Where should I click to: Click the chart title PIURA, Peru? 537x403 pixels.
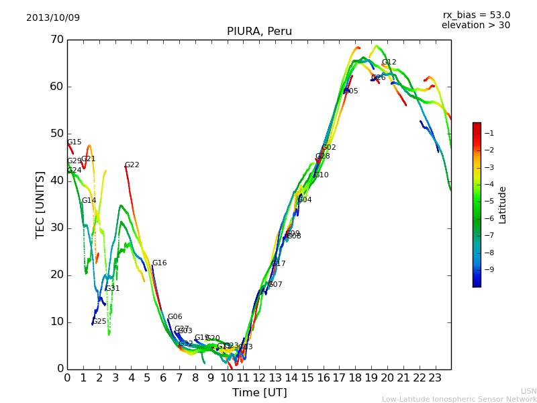[x=259, y=32]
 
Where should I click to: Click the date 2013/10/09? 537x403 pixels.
[x=53, y=17]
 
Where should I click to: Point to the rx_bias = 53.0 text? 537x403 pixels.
[x=476, y=15]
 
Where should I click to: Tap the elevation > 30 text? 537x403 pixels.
[x=475, y=26]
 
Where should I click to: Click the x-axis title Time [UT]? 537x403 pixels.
[x=259, y=392]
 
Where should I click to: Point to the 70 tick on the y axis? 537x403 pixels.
[x=56, y=40]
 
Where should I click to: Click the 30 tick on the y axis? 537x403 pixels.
[x=56, y=228]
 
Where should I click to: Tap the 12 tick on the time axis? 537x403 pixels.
[x=259, y=377]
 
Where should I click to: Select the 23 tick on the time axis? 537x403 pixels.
[x=435, y=377]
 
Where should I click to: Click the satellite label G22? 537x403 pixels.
[x=132, y=165]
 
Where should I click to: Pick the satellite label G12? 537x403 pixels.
[x=389, y=62]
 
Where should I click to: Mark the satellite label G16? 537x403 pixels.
[x=160, y=263]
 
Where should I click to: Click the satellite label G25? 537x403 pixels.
[x=99, y=322]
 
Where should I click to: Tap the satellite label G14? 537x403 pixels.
[x=89, y=201]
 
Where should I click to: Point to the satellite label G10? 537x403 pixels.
[x=322, y=175]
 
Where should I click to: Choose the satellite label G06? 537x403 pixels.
[x=175, y=317]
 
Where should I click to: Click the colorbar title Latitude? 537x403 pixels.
[x=503, y=205]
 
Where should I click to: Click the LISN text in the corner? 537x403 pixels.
[x=528, y=391]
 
